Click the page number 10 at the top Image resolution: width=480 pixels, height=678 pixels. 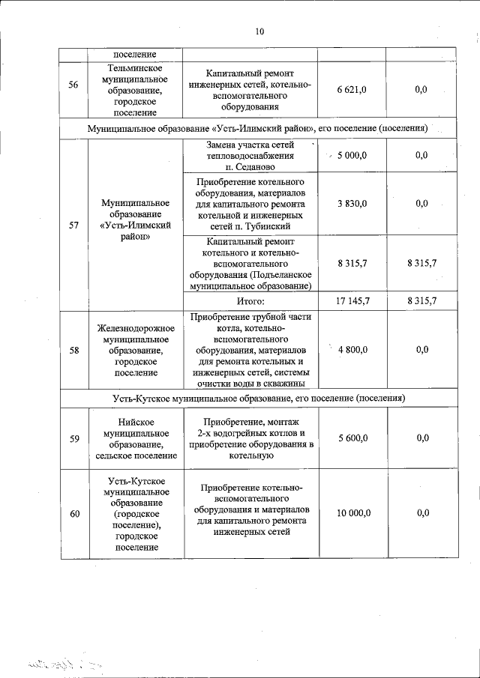259,31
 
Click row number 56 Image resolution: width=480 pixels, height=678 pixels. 73,85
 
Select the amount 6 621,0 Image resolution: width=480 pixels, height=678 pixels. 352,90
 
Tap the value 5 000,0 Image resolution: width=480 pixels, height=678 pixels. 352,155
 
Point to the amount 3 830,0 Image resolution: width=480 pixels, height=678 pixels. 352,203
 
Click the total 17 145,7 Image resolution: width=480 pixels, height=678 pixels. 352,300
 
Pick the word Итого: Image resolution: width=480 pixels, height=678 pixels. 251,300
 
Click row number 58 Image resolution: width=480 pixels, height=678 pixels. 73,349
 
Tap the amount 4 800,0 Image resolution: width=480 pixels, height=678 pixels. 352,349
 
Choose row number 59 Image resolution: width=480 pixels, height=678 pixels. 73,439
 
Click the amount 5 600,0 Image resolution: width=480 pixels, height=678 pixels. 352,439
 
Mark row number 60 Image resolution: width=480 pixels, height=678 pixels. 73,513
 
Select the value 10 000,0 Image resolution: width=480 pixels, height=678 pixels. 352,513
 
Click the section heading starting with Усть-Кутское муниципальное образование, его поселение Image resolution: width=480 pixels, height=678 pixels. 258,398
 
